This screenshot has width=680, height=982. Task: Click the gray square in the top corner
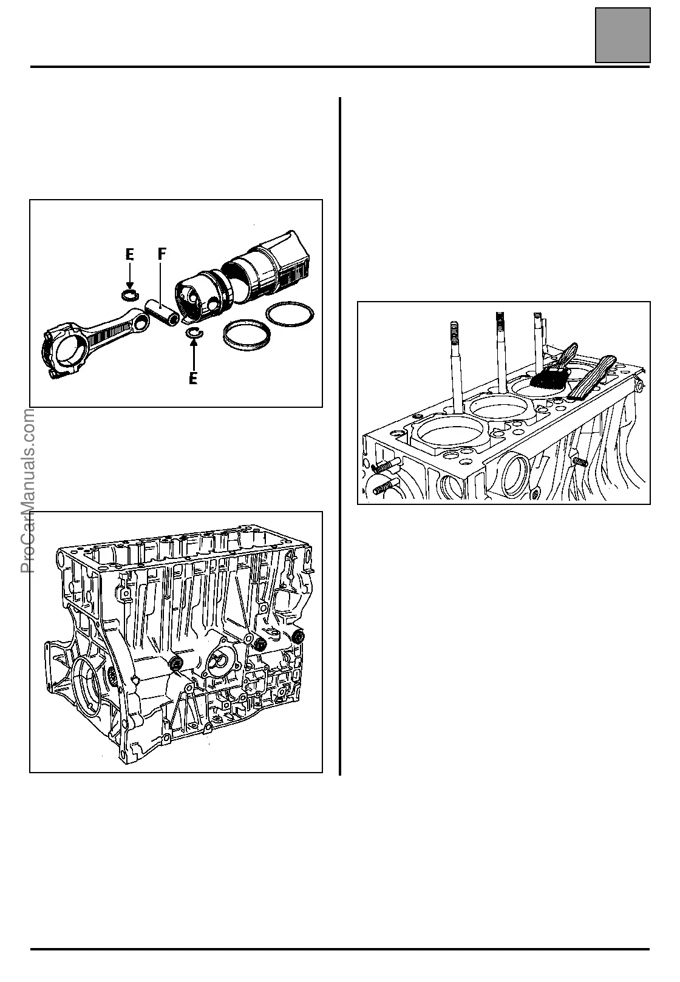click(622, 35)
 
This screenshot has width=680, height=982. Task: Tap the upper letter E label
click(129, 255)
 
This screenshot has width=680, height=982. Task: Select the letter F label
click(161, 255)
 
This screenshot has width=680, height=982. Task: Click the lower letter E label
click(193, 379)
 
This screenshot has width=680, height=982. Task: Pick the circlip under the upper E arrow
click(129, 296)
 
